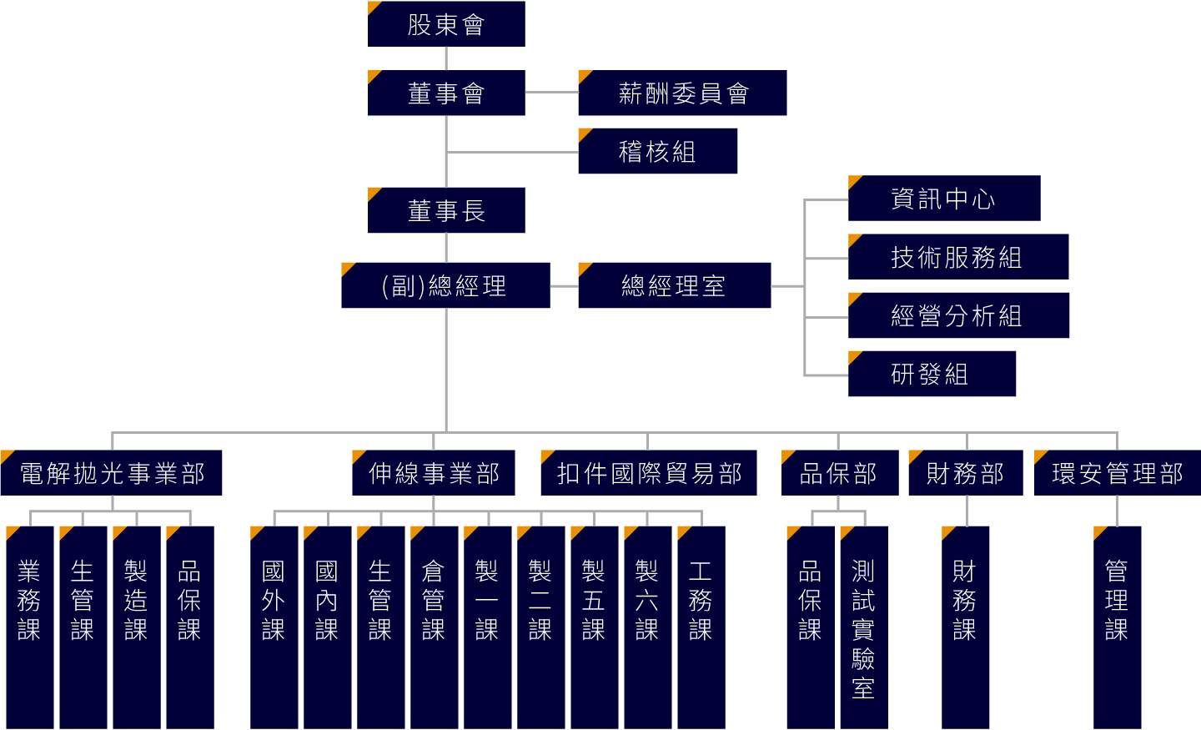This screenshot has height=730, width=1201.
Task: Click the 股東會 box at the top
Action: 446,24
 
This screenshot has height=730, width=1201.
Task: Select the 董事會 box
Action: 446,93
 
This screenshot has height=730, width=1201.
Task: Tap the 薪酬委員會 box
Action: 682,93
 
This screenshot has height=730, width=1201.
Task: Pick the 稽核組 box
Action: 657,151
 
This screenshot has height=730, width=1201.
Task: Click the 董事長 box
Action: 446,210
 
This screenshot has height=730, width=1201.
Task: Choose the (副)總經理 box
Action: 445,285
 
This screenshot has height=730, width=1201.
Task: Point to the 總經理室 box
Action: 674,285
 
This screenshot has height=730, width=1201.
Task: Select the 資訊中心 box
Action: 943,199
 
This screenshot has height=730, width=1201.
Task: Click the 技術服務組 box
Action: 957,257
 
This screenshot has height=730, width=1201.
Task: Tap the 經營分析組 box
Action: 958,315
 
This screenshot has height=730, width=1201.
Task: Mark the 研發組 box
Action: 932,374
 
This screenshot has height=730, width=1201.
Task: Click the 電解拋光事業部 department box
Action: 112,473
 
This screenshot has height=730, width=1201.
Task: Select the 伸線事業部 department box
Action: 434,473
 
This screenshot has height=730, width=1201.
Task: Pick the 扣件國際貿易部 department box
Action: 649,473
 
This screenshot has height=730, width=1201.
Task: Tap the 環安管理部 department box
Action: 1117,473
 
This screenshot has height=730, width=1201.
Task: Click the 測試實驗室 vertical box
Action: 863,626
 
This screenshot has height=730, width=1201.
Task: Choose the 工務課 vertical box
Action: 701,626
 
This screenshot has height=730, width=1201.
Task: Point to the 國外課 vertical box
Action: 274,626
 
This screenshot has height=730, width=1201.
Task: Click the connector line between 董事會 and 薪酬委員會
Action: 551,92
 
